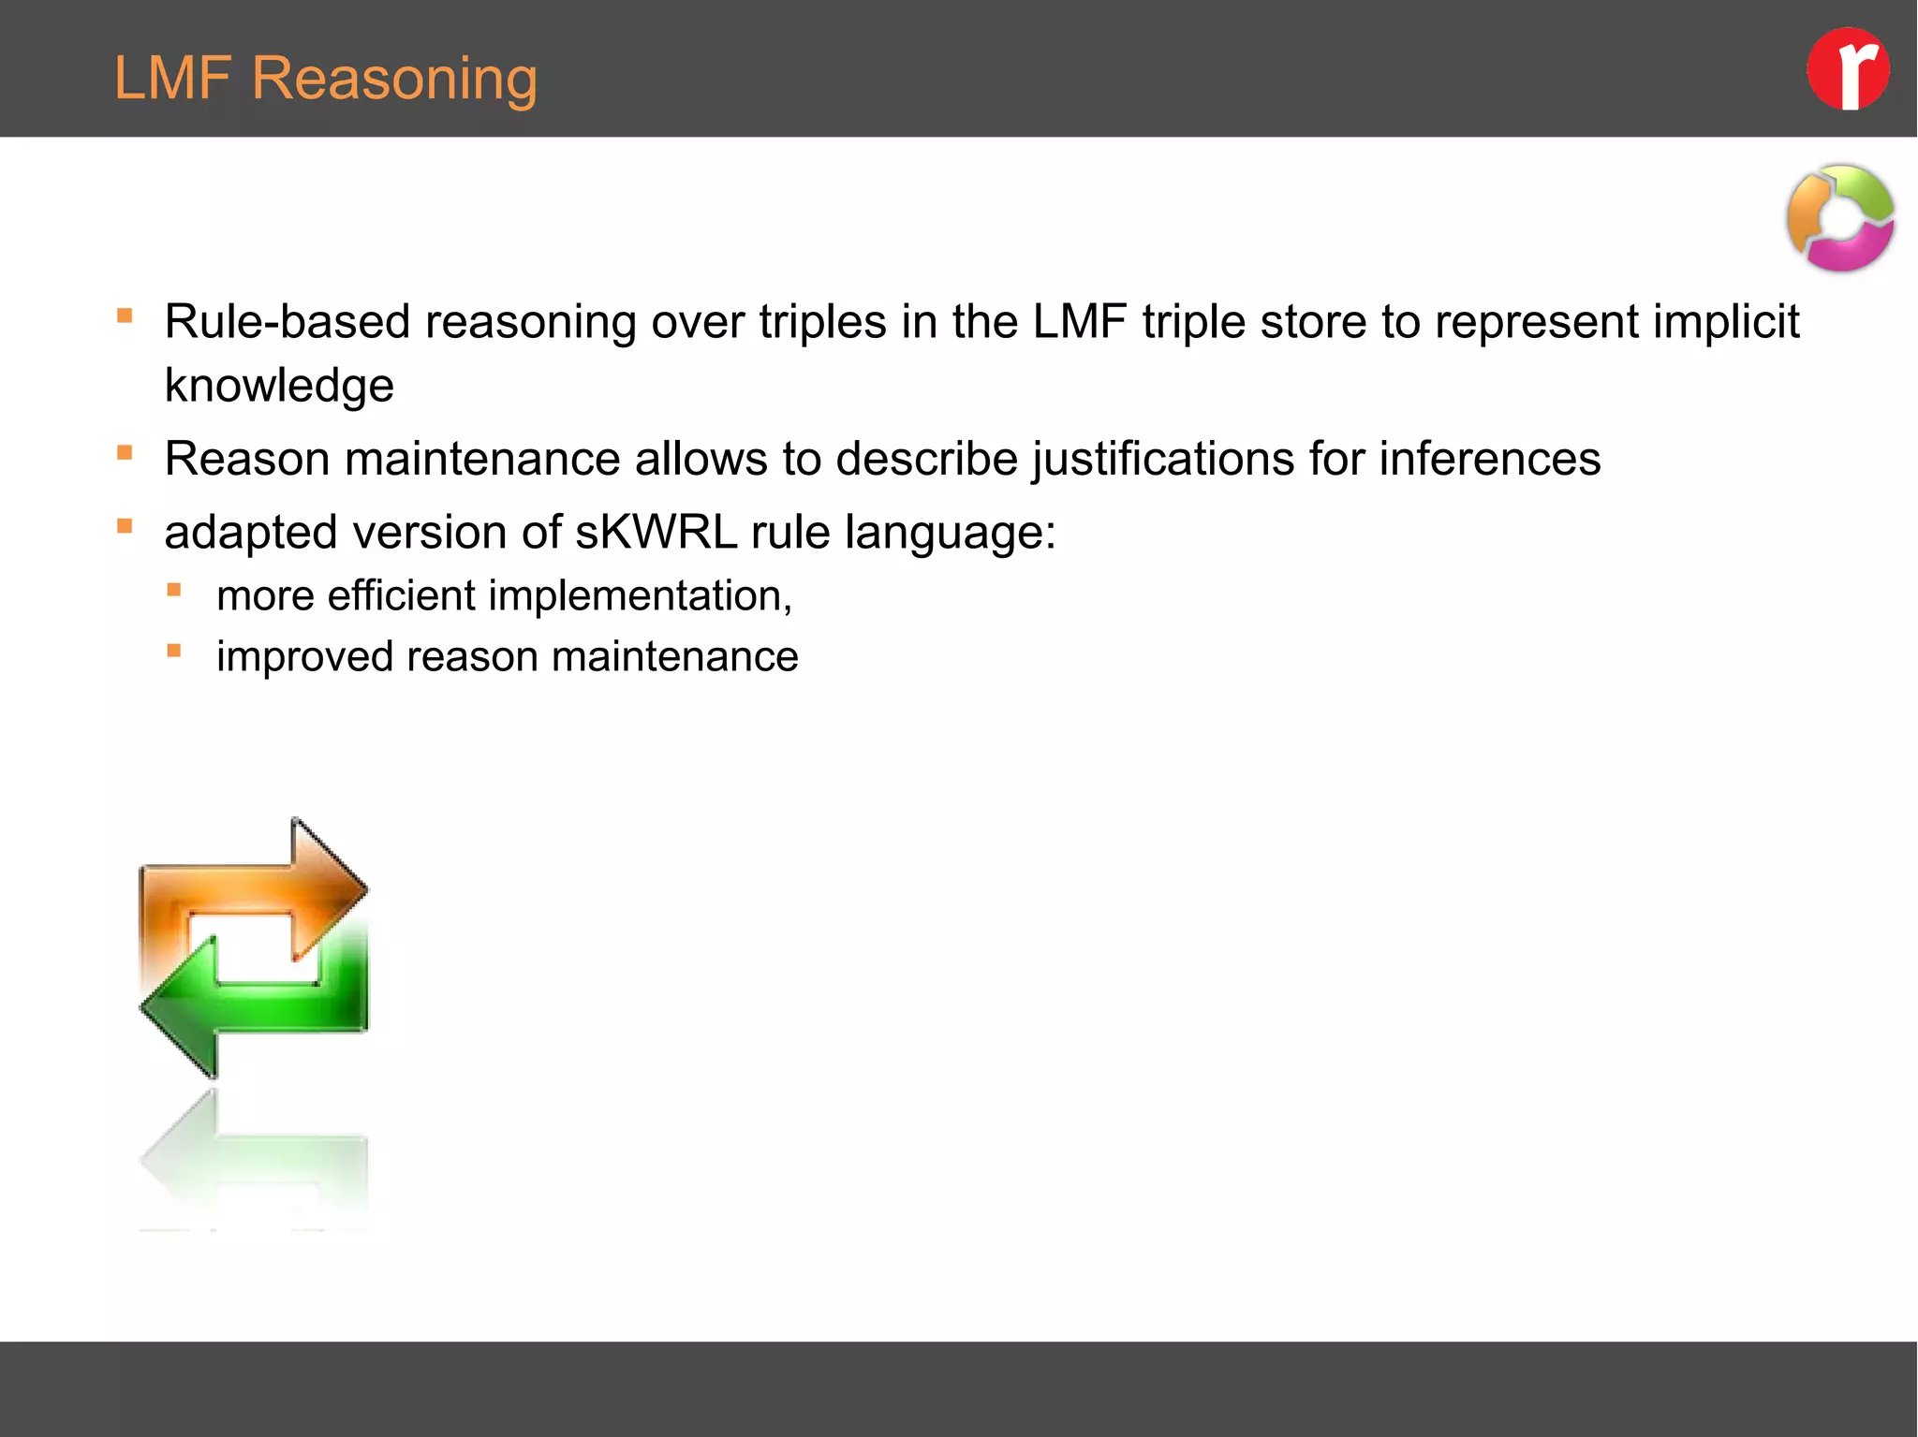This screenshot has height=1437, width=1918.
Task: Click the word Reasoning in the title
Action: tap(394, 79)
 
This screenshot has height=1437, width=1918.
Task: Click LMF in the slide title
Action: tap(172, 78)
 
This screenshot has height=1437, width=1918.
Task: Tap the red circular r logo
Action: tap(1847, 69)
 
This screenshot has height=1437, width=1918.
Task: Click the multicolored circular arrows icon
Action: tap(1840, 218)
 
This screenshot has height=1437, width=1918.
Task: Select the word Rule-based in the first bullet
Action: tap(287, 322)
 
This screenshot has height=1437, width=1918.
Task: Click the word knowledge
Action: tap(279, 386)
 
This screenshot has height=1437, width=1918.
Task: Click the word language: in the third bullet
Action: tap(950, 533)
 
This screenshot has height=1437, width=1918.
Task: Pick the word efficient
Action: tap(401, 596)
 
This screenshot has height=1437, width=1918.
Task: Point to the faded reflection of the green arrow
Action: tap(253, 1161)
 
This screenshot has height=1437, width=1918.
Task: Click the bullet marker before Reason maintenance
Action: tap(125, 453)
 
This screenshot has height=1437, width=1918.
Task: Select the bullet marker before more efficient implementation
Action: tap(174, 590)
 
